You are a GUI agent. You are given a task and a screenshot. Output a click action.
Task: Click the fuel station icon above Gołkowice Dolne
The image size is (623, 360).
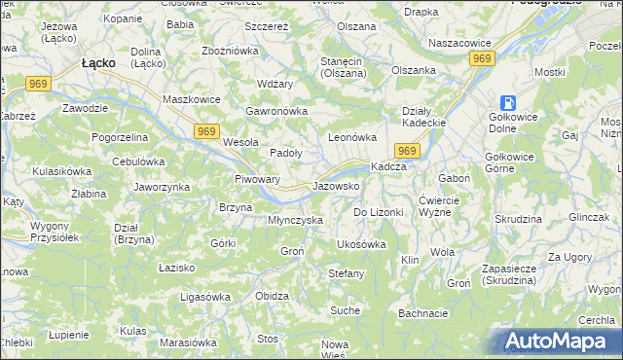[x=509, y=103]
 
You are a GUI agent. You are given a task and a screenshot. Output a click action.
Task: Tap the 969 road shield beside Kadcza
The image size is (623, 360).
[x=407, y=150]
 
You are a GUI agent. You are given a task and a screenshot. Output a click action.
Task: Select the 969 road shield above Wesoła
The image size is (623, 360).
[x=205, y=130]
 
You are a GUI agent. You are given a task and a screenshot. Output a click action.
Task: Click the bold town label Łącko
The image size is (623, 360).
[x=99, y=62]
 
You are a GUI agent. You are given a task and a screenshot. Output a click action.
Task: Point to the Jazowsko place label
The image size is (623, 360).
[x=337, y=185]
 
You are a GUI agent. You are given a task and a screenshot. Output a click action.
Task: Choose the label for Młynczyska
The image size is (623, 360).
[x=295, y=220]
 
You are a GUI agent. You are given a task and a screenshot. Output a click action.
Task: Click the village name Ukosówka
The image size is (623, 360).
[x=360, y=244]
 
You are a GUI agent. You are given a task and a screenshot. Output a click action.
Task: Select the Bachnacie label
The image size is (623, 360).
[x=422, y=313]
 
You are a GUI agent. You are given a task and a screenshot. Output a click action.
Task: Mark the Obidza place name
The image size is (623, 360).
[x=272, y=296]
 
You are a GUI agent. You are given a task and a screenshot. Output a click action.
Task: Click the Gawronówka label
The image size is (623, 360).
[x=276, y=111]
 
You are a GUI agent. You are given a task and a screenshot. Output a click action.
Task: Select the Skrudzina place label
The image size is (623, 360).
[x=517, y=220]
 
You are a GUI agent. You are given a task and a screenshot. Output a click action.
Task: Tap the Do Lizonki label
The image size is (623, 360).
[x=378, y=211]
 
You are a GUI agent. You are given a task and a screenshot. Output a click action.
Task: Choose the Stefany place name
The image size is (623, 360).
[x=346, y=273]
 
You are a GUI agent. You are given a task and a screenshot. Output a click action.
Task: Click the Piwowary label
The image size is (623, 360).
[x=258, y=179]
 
